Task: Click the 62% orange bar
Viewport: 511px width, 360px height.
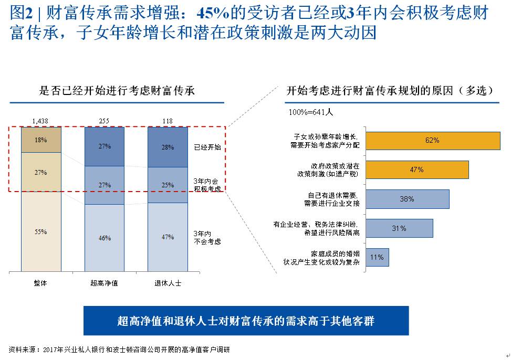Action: tap(432, 141)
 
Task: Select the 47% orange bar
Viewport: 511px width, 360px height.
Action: tap(416, 170)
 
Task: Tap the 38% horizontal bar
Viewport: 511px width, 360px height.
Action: tap(407, 199)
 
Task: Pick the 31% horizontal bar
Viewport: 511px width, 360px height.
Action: tap(399, 228)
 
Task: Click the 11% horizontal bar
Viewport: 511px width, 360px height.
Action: tap(377, 257)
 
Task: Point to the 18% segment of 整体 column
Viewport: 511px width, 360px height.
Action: tap(41, 140)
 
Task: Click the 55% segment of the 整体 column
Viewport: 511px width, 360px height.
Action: tap(41, 231)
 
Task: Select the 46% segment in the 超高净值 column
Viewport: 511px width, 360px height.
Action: tap(104, 238)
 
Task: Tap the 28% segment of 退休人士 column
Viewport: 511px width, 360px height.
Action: tap(168, 147)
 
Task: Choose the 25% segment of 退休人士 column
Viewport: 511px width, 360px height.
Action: tap(168, 185)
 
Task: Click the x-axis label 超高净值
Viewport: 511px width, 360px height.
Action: tap(104, 283)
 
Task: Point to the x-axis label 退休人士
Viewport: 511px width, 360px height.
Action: tap(168, 283)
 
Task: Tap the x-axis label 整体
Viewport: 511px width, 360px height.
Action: tap(41, 283)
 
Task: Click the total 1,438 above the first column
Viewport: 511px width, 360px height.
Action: tap(40, 121)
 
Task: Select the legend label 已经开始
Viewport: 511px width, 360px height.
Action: tap(207, 147)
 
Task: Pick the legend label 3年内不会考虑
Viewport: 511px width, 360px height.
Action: tap(207, 238)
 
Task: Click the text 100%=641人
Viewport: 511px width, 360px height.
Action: tap(310, 112)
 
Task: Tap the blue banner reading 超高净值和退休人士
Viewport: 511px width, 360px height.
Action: tap(246, 321)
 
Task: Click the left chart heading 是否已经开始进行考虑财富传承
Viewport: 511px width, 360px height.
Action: tap(117, 91)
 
